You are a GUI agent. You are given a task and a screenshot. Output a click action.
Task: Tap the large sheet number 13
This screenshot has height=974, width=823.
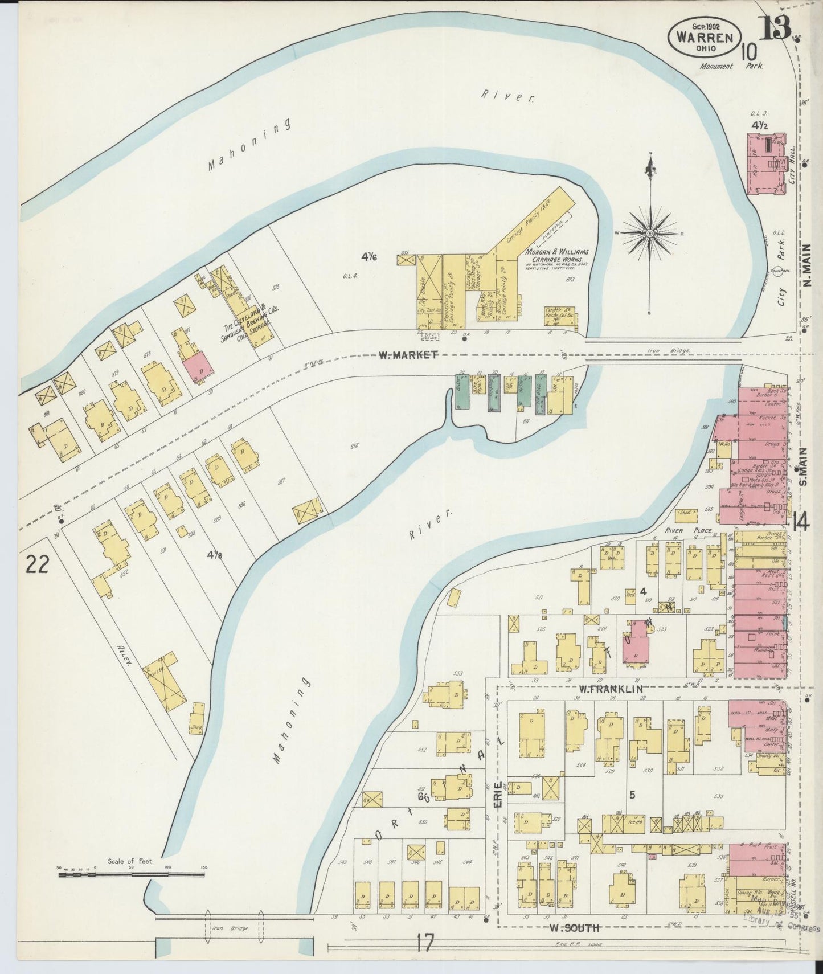point(776,28)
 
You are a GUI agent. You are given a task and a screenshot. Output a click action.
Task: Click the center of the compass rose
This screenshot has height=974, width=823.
point(650,234)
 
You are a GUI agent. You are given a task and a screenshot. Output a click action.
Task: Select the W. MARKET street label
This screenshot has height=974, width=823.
point(408,355)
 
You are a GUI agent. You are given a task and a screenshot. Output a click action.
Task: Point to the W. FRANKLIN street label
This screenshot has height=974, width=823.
point(611,689)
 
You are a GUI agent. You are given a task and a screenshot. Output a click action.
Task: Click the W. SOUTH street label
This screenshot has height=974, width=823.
point(574,928)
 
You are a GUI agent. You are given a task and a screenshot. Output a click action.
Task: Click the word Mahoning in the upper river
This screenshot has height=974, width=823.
point(248,145)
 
